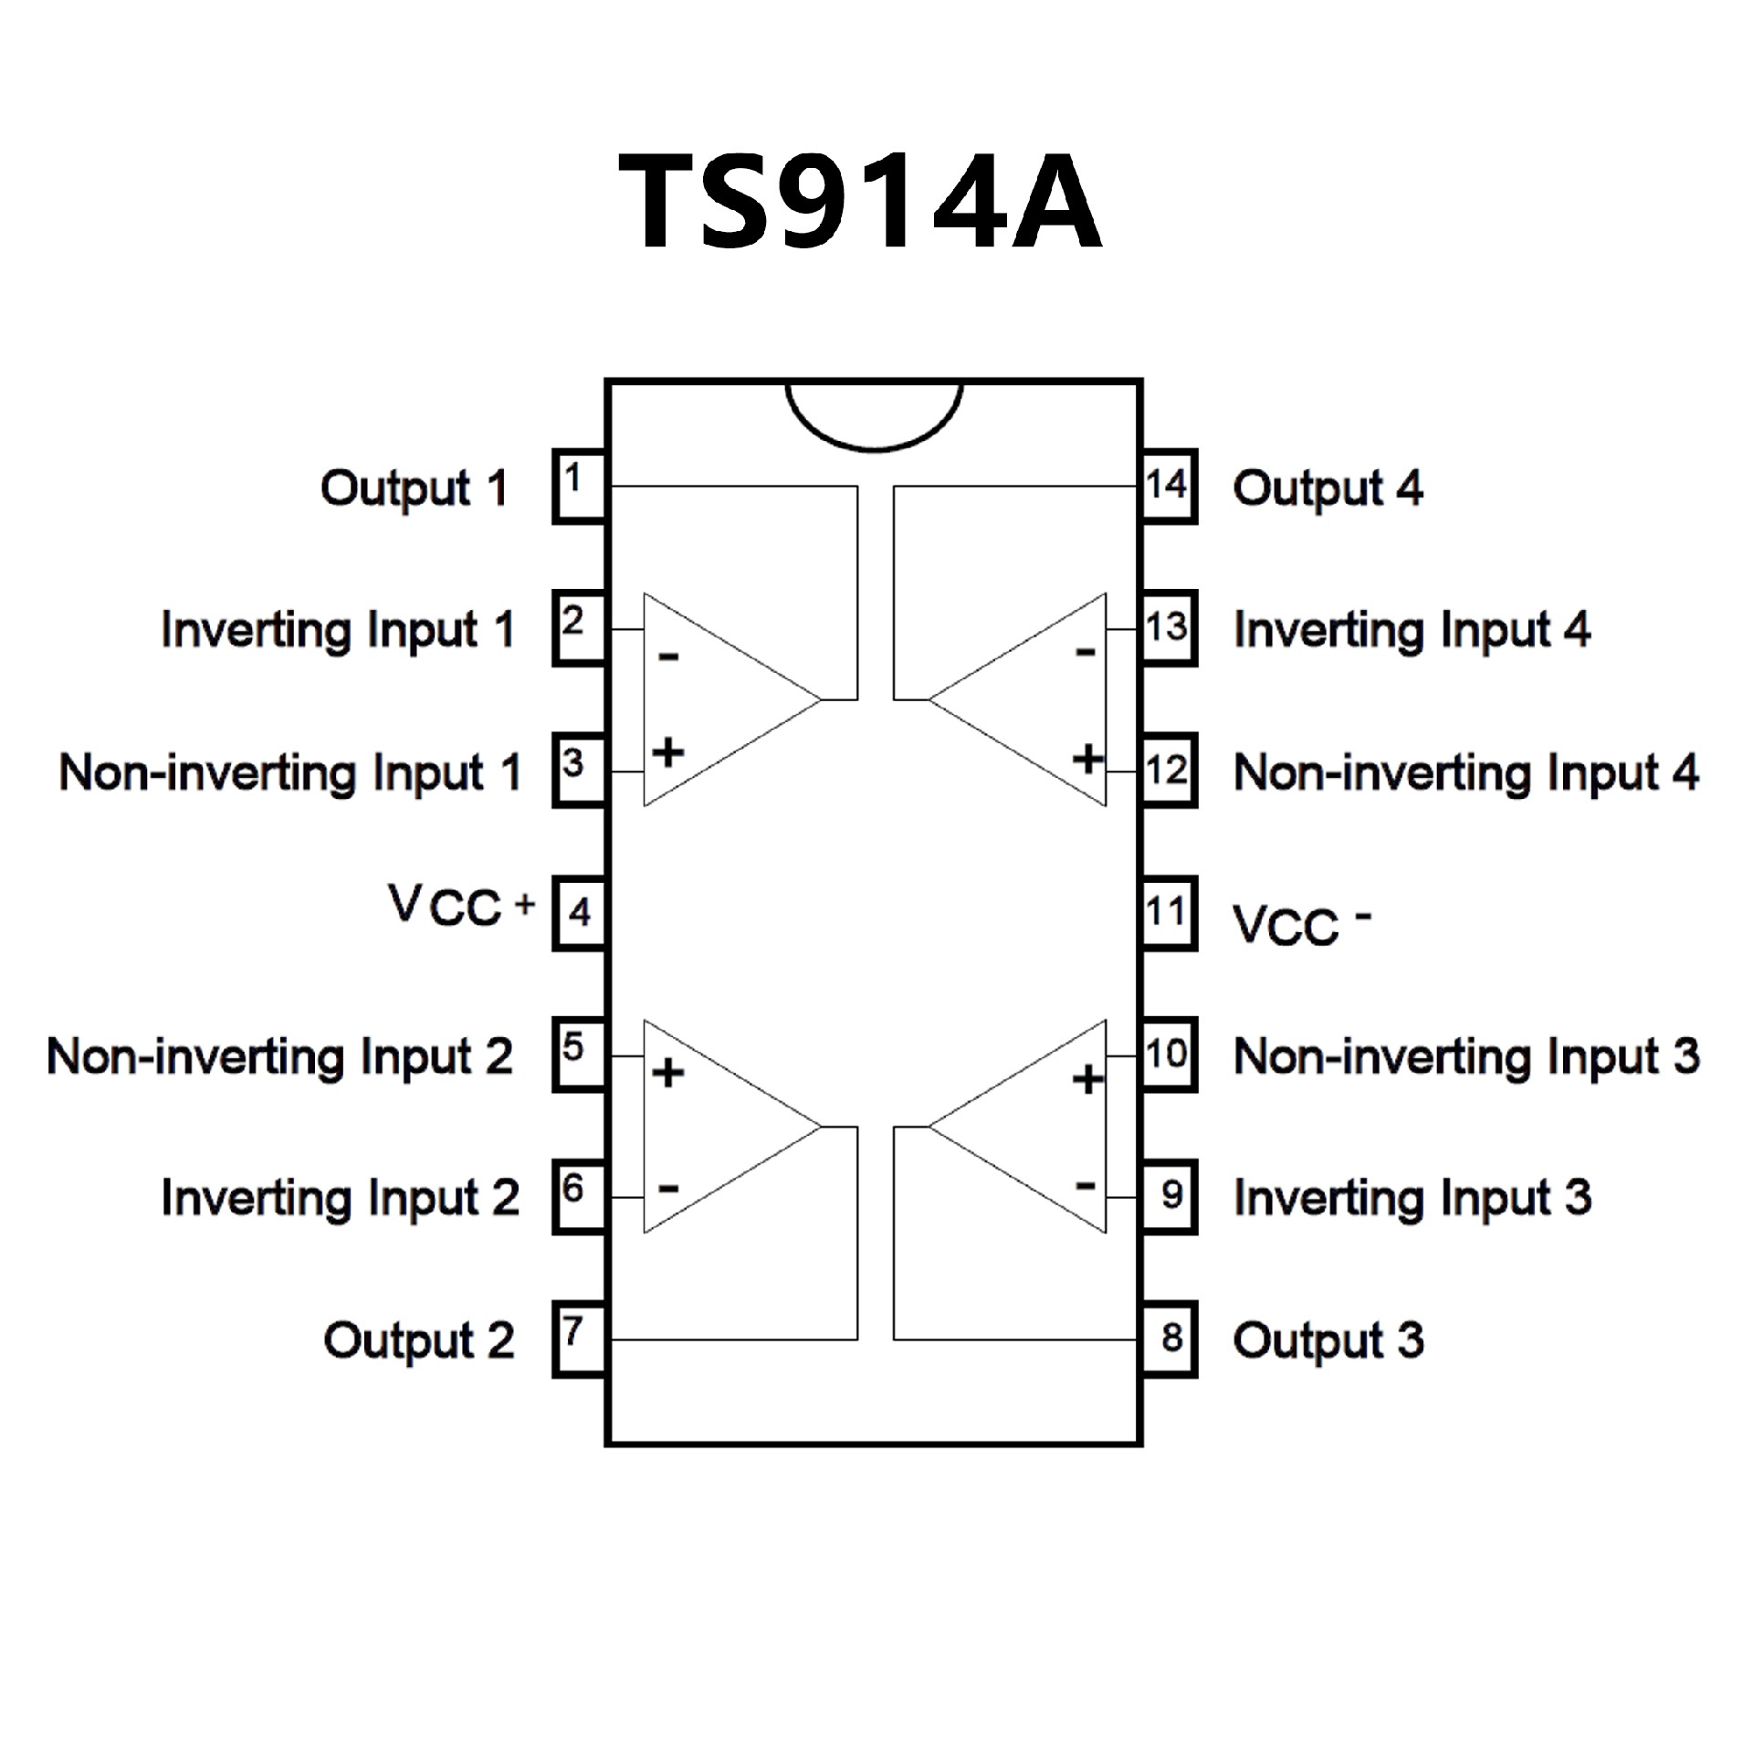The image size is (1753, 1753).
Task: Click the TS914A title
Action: pyautogui.click(x=860, y=200)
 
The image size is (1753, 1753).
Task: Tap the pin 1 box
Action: pyautogui.click(x=578, y=486)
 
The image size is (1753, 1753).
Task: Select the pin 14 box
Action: pyautogui.click(x=1168, y=486)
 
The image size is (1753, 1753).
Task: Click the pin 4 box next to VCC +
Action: pyautogui.click(x=578, y=913)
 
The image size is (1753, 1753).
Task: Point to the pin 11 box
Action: pyautogui.click(x=1168, y=913)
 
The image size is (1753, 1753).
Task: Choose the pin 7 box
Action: pyautogui.click(x=578, y=1338)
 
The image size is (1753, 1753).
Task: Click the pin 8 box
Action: pyautogui.click(x=1168, y=1338)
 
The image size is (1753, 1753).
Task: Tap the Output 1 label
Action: pyautogui.click(x=414, y=489)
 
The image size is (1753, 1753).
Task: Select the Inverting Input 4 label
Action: pyautogui.click(x=1412, y=630)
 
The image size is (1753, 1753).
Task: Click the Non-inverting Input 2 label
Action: pyautogui.click(x=279, y=1057)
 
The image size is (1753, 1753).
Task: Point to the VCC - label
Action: pyautogui.click(x=1300, y=924)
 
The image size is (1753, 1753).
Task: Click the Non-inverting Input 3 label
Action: pyautogui.click(x=1466, y=1057)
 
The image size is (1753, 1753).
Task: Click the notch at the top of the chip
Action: pyautogui.click(x=874, y=415)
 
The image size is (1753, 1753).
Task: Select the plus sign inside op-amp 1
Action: pyautogui.click(x=668, y=752)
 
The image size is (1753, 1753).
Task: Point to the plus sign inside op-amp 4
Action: pyautogui.click(x=1087, y=758)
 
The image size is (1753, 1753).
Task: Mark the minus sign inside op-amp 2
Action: pyautogui.click(x=668, y=1188)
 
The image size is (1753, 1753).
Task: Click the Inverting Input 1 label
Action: pyautogui.click(x=338, y=630)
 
